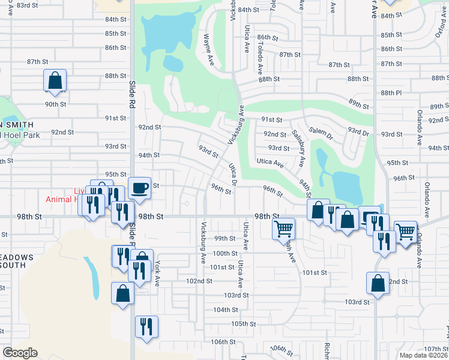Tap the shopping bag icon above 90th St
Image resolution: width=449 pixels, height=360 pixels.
(55, 80)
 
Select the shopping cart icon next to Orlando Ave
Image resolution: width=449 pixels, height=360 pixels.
(406, 230)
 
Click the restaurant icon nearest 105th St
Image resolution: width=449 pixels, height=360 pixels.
(146, 327)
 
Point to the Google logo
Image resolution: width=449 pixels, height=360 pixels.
(20, 353)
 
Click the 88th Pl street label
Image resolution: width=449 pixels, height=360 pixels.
(390, 92)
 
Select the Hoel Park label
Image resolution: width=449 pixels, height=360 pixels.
(22, 135)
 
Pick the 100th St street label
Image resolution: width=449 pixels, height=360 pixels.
(225, 253)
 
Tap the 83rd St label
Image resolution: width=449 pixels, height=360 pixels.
(28, 5)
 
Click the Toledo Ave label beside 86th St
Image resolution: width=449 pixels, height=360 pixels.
(260, 49)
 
